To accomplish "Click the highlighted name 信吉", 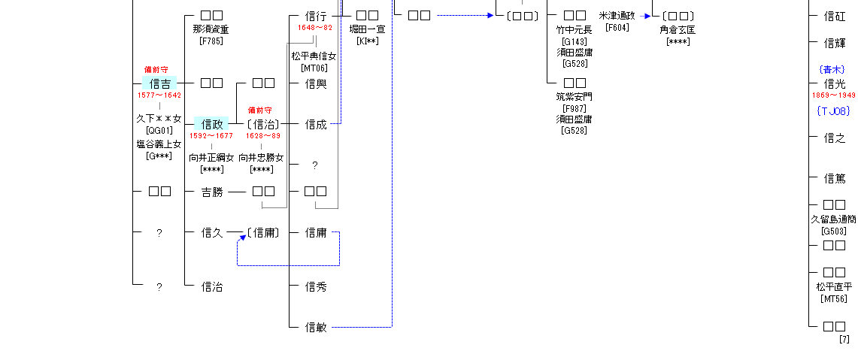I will tap(159, 83).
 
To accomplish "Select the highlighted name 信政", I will tap(211, 124).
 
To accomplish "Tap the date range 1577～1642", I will tap(159, 95).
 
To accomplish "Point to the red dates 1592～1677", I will tap(211, 136).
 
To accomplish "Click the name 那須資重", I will tap(211, 29).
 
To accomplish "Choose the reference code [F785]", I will tap(211, 41).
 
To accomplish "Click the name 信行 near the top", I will tap(316, 16).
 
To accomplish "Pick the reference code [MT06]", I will tap(314, 68).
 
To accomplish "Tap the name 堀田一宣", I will tap(367, 29).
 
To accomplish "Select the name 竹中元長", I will tap(575, 29).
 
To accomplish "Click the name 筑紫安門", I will tap(575, 96).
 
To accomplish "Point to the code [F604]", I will tap(617, 28).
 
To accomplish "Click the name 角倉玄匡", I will tap(678, 29).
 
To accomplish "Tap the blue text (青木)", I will tap(832, 69).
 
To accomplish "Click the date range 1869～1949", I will tap(833, 95).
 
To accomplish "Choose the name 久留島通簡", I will tap(833, 219).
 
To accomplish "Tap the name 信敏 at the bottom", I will tap(316, 327).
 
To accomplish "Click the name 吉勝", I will tap(212, 192).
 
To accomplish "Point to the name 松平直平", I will tap(834, 286).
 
